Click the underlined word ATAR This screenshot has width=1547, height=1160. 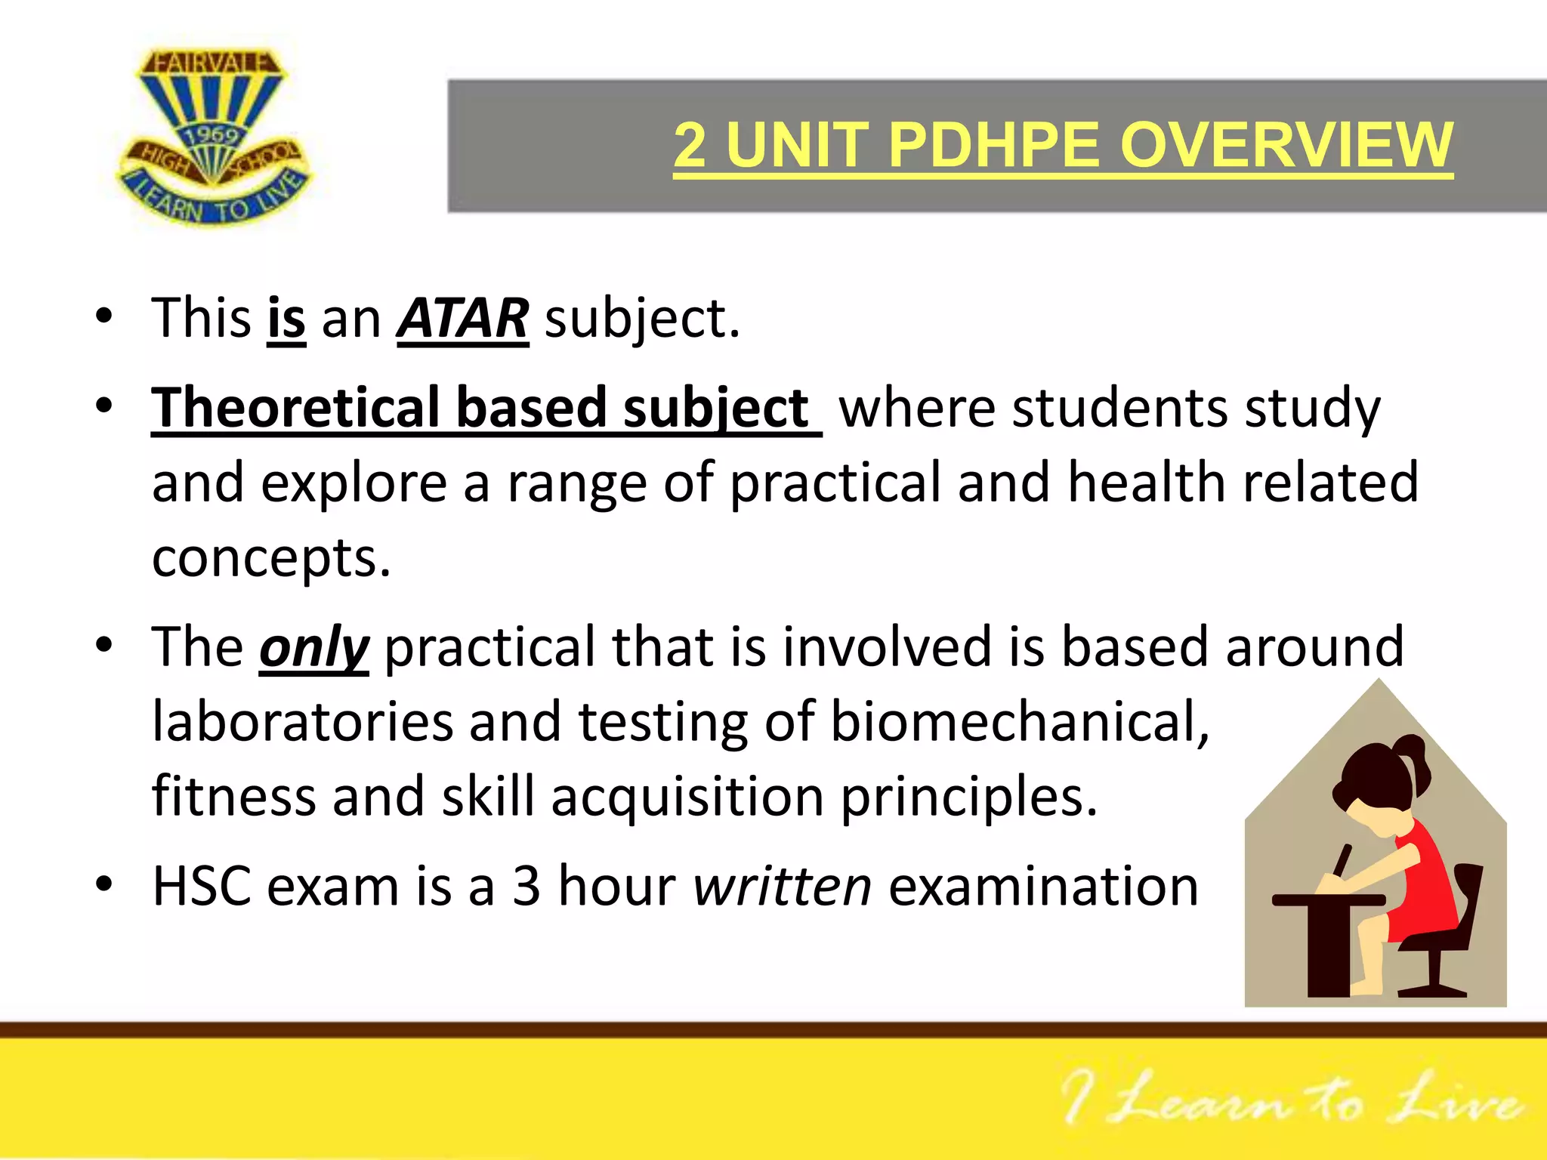[x=463, y=319]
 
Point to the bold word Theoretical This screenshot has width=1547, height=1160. [x=295, y=409]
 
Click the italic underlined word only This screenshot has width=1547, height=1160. [x=313, y=648]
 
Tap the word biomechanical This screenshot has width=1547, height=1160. [x=1020, y=722]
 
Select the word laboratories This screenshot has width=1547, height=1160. [x=302, y=722]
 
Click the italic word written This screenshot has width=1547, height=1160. [x=783, y=886]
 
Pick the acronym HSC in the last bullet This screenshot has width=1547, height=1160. [x=202, y=886]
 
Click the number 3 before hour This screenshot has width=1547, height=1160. [x=526, y=886]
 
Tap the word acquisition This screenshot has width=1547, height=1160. [x=687, y=797]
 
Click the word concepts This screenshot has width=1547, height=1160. [x=271, y=559]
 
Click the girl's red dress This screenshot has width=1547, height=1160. [x=1424, y=884]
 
